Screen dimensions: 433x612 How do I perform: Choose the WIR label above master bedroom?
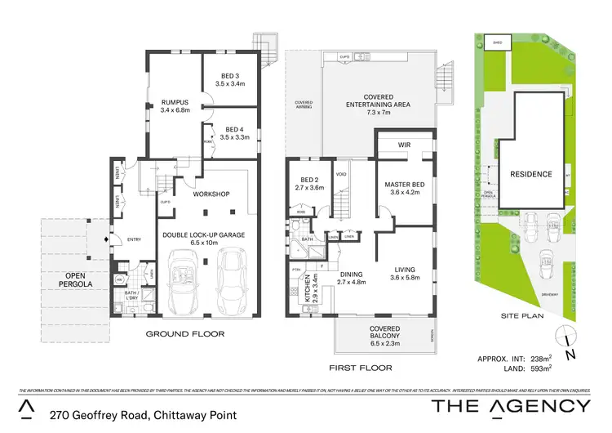tap(403, 145)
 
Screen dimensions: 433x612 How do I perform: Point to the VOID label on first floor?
tap(341, 174)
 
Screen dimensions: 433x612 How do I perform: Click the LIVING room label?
tap(406, 270)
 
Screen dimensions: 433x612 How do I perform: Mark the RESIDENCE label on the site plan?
tap(531, 174)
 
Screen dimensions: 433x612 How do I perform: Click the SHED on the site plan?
tap(495, 42)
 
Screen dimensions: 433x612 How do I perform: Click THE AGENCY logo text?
tap(510, 406)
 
